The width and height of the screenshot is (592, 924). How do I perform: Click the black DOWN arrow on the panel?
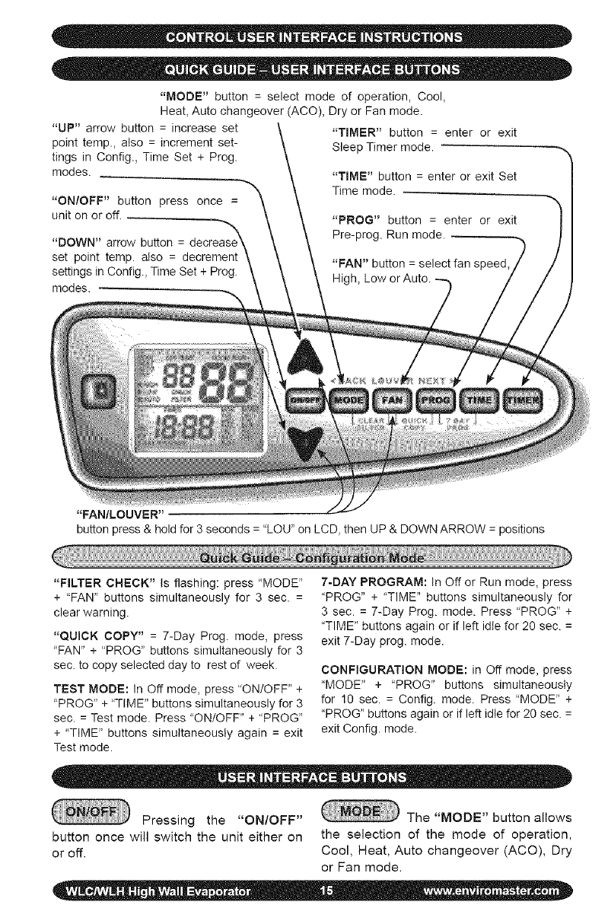pyautogui.click(x=307, y=445)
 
